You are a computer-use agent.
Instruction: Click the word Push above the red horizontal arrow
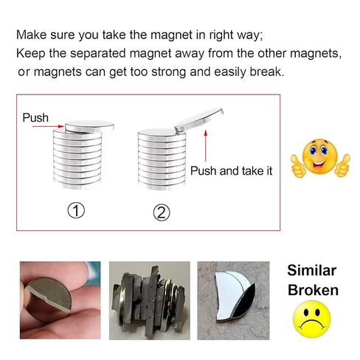[35, 117]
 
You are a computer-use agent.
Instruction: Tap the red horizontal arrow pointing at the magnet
[48, 126]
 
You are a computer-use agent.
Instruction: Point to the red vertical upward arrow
[206, 146]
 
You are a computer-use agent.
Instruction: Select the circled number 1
[76, 210]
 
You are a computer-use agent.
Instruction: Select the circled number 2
[162, 212]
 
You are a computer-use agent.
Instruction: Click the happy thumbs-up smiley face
[320, 158]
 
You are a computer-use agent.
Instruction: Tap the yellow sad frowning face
[312, 319]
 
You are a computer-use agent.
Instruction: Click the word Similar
[312, 270]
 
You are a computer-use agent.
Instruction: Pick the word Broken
[313, 290]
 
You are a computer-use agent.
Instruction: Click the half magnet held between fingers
[50, 294]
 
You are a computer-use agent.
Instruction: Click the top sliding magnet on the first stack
[89, 127]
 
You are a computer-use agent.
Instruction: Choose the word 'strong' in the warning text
[169, 72]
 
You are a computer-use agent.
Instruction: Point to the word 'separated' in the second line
[98, 54]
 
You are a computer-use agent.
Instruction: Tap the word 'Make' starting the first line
[31, 35]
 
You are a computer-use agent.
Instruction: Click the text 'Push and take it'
[231, 170]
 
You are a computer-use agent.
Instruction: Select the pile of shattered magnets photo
[150, 300]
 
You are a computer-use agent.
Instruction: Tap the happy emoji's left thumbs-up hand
[298, 165]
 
